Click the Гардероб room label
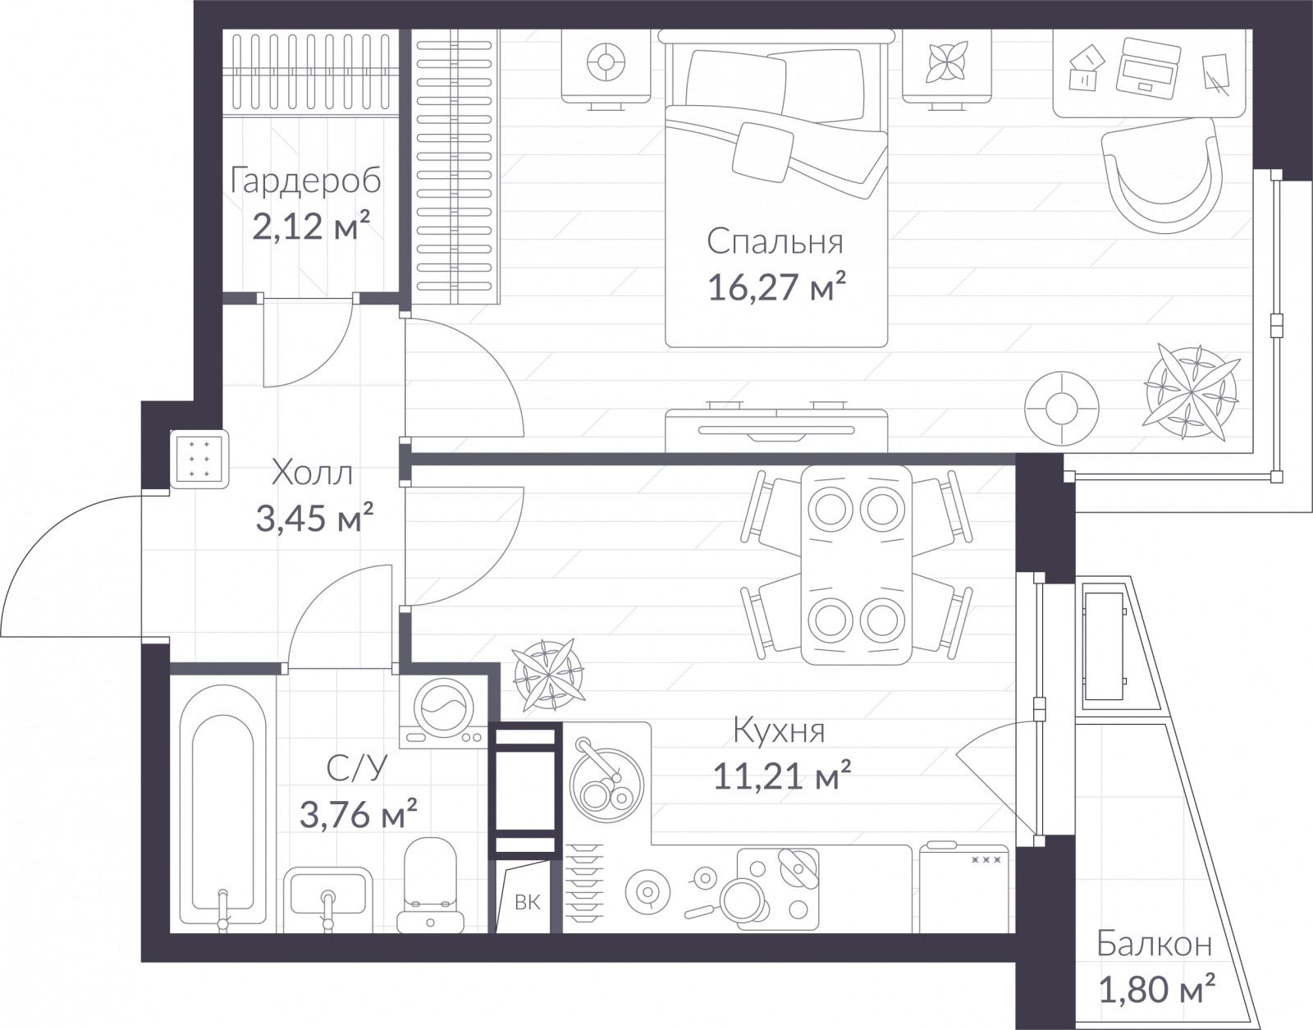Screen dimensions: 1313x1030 click(306, 181)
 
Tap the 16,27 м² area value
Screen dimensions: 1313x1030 click(776, 287)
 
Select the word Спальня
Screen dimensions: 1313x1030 click(775, 241)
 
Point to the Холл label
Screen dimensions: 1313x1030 click(313, 473)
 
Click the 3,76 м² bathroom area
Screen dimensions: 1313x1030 click(359, 814)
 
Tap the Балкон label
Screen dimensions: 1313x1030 click(1154, 944)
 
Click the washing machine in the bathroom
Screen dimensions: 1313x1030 click(443, 712)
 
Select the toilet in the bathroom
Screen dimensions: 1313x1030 click(430, 885)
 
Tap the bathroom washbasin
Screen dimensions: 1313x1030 click(328, 900)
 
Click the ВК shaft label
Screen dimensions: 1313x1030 click(528, 903)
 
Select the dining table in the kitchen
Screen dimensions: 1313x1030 click(856, 565)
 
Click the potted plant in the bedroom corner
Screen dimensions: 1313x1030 click(1192, 392)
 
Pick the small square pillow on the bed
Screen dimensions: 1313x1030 click(762, 152)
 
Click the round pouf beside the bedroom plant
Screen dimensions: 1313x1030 click(1062, 409)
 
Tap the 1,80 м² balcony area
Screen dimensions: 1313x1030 click(1156, 990)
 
